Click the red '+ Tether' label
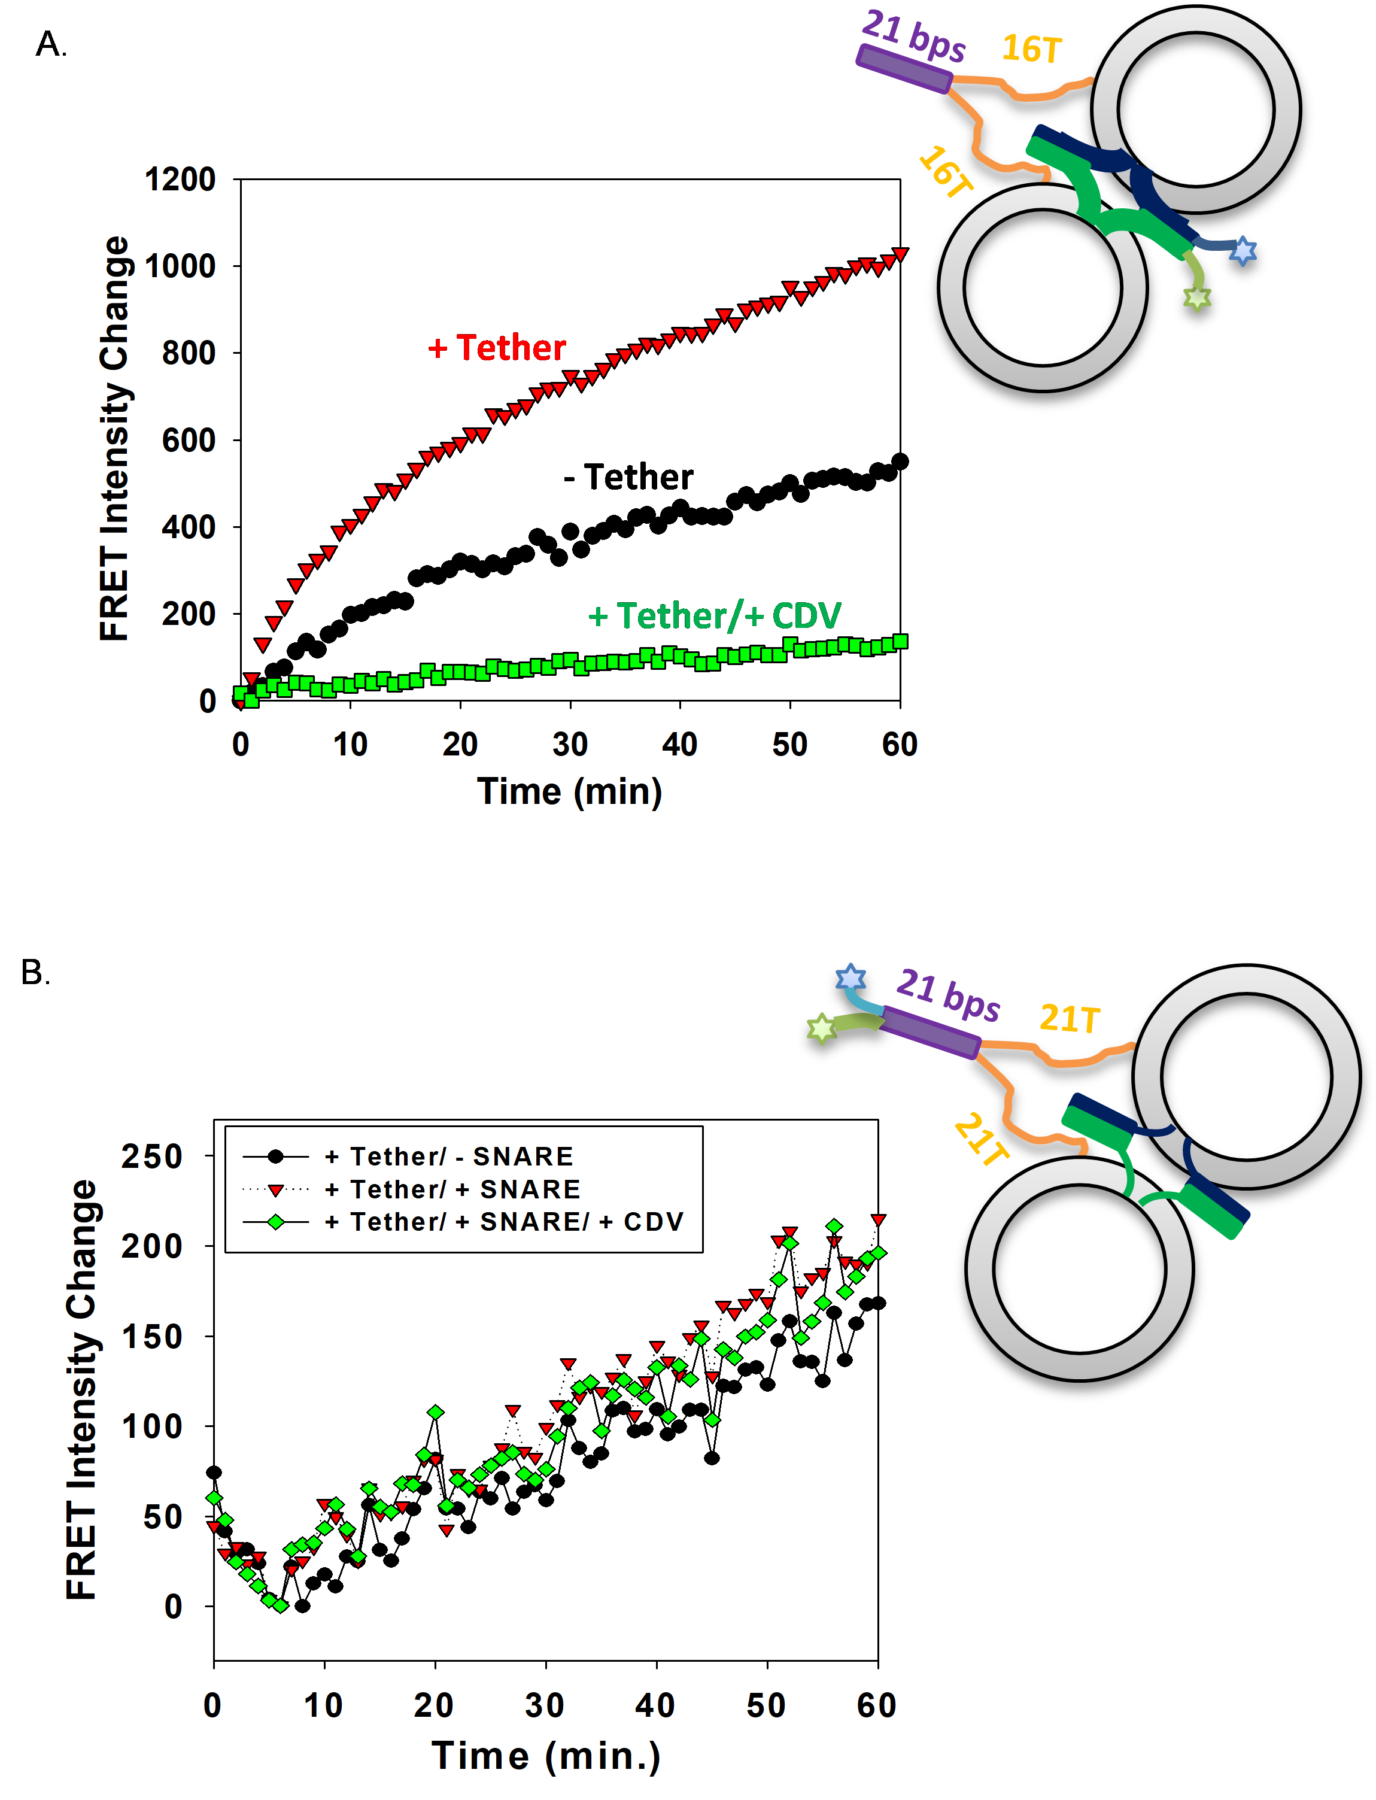(x=496, y=348)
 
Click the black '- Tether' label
(x=628, y=476)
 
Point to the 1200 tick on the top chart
(x=180, y=180)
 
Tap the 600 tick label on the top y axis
(x=189, y=441)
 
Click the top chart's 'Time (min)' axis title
(x=569, y=791)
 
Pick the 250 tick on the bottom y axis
(x=153, y=1157)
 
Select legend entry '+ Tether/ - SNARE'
(x=449, y=1157)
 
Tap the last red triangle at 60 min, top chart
(x=900, y=254)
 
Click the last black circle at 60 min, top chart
(x=900, y=462)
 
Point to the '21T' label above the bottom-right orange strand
(x=1069, y=1019)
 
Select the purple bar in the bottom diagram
(x=931, y=1033)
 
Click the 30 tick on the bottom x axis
(x=545, y=1706)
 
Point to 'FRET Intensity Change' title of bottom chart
(x=82, y=1390)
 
